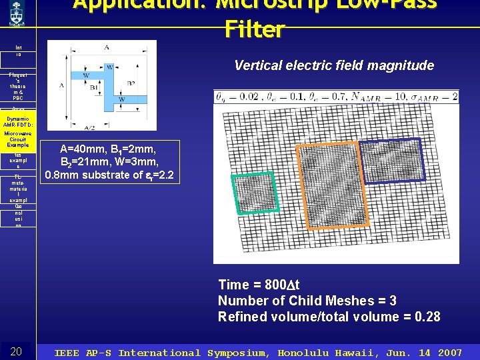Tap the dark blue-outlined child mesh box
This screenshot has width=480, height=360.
[391, 160]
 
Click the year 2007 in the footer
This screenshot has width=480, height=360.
[449, 353]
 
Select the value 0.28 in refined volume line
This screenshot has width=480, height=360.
[425, 317]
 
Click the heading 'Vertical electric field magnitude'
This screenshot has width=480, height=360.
[334, 65]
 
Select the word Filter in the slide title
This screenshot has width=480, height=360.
[255, 29]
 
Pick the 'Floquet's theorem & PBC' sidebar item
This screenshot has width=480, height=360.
[18, 87]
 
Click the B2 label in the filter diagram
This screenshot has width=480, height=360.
[131, 83]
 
